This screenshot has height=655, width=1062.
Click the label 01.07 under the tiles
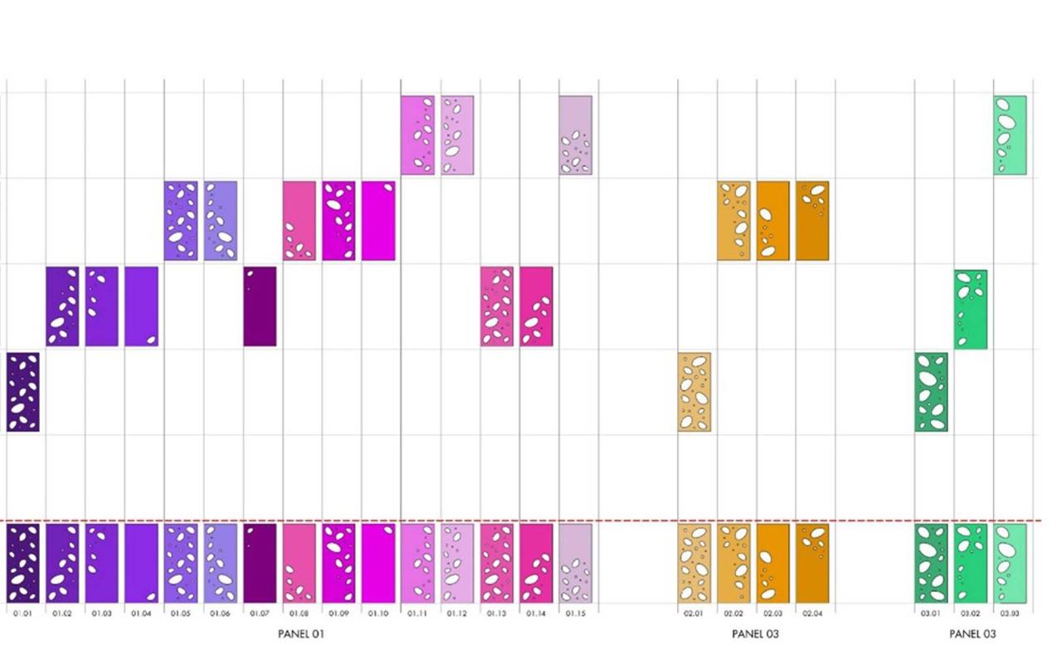coord(260,613)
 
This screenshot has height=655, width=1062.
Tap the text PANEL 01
coord(300,634)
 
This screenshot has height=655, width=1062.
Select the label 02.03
coord(772,613)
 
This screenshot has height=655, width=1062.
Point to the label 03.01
coord(931,613)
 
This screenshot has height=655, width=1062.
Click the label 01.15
coord(575,613)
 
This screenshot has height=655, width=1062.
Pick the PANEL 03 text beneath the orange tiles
coord(755,634)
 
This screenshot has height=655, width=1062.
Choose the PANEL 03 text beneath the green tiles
coord(972,634)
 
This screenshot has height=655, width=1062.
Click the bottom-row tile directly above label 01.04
coord(141,563)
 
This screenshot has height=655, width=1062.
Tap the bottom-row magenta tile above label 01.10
coord(378,563)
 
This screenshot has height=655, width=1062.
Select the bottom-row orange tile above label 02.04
coord(812,563)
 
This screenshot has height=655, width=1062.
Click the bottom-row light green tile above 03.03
coord(1010,563)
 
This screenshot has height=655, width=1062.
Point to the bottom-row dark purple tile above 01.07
coord(260,563)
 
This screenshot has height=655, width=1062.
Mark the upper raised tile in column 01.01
coord(23,392)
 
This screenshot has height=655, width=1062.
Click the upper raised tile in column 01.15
coord(575,135)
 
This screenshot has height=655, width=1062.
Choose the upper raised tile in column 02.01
coord(694,392)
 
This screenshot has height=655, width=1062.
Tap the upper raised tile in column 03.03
coord(1010,135)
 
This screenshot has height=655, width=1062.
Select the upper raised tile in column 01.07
coord(260,306)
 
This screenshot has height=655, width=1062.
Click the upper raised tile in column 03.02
coord(971,309)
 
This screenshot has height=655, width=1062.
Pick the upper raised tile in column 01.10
coord(378,221)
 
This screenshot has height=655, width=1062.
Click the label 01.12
coord(457,613)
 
